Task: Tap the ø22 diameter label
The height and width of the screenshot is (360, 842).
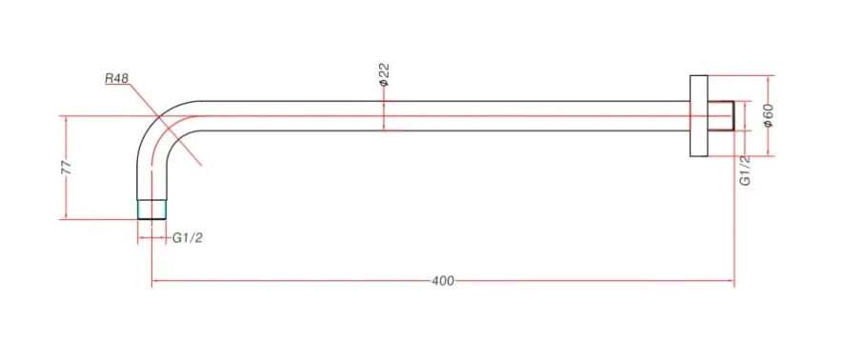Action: (x=385, y=74)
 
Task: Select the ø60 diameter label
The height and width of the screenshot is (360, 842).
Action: (x=768, y=115)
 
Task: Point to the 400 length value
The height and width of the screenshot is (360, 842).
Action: (x=443, y=281)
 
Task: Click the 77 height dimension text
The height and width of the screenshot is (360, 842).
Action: (x=66, y=168)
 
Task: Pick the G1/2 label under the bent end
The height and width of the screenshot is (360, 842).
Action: (x=188, y=238)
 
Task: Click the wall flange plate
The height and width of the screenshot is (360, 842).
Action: (x=697, y=115)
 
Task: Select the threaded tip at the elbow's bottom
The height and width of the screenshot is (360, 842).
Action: (x=152, y=210)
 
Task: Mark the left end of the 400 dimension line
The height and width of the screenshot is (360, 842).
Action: (x=153, y=281)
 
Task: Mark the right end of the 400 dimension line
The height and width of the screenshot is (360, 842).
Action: (x=733, y=281)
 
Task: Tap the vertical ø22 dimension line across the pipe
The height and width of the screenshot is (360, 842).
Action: (x=384, y=114)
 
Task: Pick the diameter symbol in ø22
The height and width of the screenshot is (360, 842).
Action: (x=385, y=85)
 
